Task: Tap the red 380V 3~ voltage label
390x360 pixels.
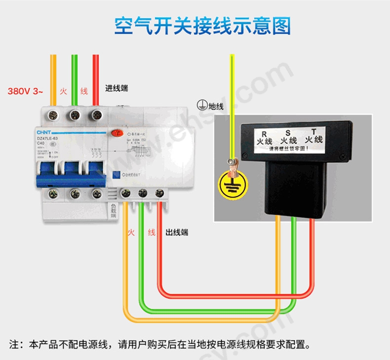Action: (x=25, y=91)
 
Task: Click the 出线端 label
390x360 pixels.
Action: (x=177, y=232)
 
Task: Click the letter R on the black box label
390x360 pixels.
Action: (x=264, y=134)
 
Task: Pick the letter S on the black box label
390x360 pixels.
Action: (x=288, y=133)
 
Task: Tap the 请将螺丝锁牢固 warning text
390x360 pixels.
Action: (x=286, y=148)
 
